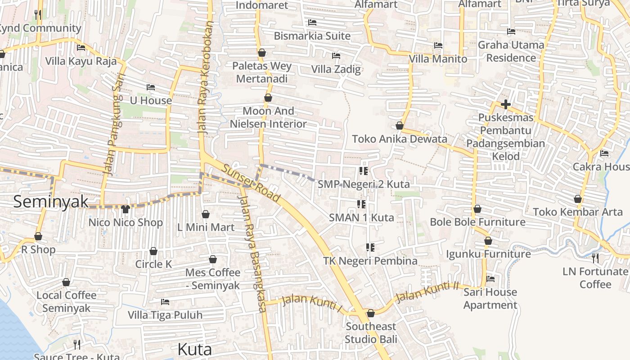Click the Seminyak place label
(x=51, y=201)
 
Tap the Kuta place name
(x=194, y=349)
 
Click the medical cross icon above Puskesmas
(x=505, y=104)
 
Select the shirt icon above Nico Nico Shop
(x=125, y=209)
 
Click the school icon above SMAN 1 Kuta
(x=361, y=204)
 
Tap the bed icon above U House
(x=150, y=87)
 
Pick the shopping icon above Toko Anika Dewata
(x=399, y=126)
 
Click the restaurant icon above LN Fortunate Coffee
(x=595, y=258)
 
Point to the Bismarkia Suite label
(x=312, y=36)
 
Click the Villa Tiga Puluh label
(x=165, y=315)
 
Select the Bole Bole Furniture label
(x=477, y=222)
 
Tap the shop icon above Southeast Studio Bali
(x=370, y=313)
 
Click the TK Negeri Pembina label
(x=370, y=261)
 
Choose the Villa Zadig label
(x=336, y=69)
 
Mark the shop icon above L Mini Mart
(x=205, y=214)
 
